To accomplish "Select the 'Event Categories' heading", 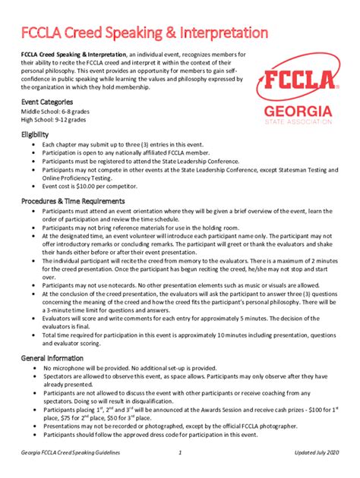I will click(x=47, y=101).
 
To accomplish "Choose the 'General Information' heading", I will click(x=53, y=356).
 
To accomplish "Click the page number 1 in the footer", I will click(x=180, y=453).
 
